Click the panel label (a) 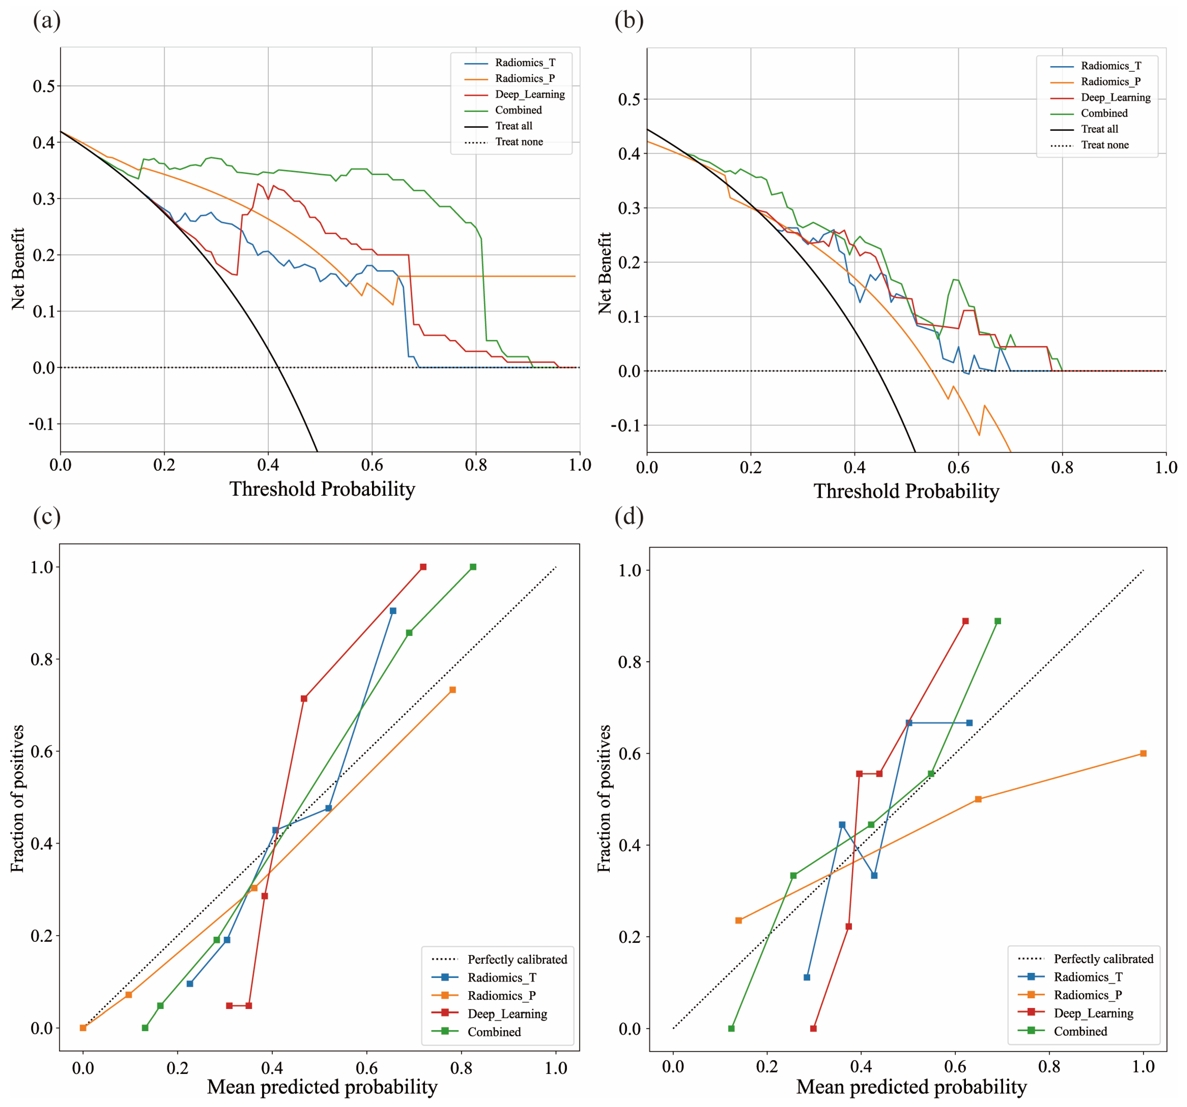click(47, 21)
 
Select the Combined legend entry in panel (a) click(518, 110)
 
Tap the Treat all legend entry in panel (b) click(1099, 129)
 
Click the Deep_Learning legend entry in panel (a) click(529, 94)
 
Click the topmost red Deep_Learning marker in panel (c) click(423, 567)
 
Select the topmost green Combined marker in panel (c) click(473, 567)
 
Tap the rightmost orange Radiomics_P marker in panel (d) click(1143, 754)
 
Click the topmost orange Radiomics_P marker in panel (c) click(453, 690)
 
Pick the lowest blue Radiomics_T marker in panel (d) click(807, 977)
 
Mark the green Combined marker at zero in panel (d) click(731, 1028)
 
